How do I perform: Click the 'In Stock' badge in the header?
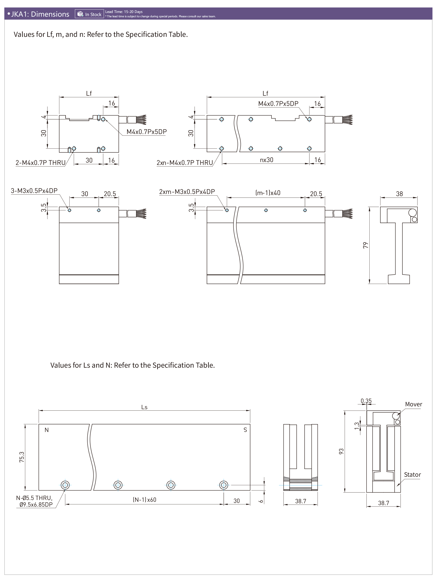coord(89,14)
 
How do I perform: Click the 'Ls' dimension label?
coord(144,407)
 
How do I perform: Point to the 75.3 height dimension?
coord(22,457)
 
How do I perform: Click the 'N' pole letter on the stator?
coord(47,430)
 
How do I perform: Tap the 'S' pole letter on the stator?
coord(245,430)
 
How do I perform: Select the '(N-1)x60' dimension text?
coord(144,500)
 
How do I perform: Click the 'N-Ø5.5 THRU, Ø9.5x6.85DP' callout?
coord(34,501)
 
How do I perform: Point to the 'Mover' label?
coord(413,404)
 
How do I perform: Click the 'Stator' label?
coord(412,475)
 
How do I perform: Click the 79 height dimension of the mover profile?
coord(366,245)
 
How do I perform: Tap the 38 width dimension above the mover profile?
coord(399,194)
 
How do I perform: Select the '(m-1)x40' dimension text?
coord(268,193)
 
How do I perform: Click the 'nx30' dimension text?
coord(267,160)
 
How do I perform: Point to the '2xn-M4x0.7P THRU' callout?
coord(185,163)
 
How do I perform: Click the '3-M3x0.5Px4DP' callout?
coord(34,191)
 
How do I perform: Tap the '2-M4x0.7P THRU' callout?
coord(40,163)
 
